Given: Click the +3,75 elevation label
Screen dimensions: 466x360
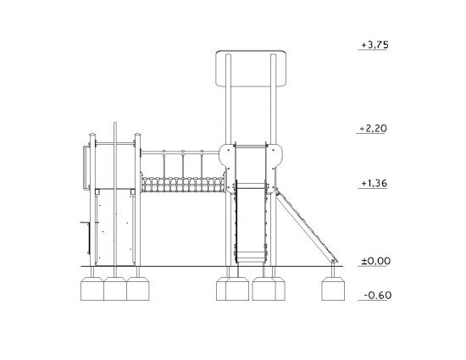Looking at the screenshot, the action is click(374, 45).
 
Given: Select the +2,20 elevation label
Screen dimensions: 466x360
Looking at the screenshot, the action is click(374, 129).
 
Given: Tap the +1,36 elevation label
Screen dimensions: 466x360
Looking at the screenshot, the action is click(374, 183).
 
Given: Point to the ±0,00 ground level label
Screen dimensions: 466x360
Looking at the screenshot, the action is click(375, 261).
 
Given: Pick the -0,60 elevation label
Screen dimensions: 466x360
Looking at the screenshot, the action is click(378, 296).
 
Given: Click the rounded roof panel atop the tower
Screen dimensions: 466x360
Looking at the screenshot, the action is click(251, 69).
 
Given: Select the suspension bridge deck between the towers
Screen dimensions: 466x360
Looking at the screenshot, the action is click(183, 185).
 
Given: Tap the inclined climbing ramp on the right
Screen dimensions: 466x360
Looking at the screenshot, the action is click(307, 225).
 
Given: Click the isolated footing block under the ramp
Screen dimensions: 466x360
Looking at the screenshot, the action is click(333, 289).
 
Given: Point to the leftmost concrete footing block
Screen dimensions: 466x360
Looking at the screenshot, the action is click(92, 289).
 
